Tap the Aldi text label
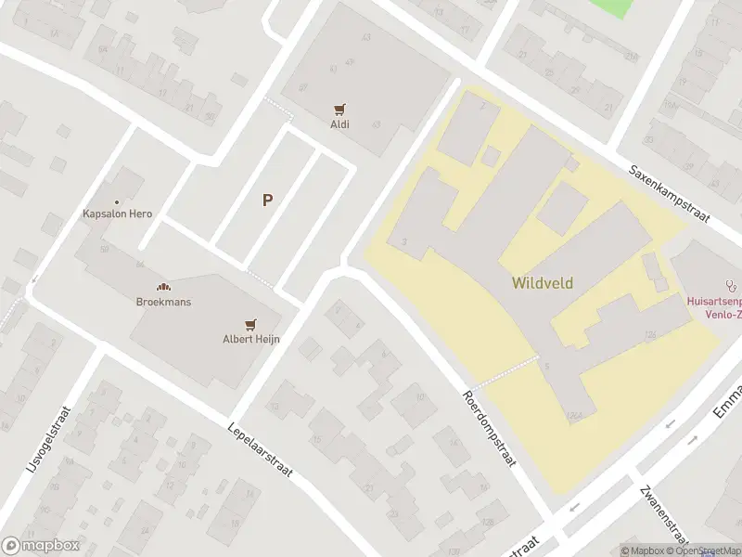[x=340, y=124]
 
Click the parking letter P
[x=268, y=200]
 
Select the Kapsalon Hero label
[x=117, y=214]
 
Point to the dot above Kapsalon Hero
[x=117, y=201]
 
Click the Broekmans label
[x=162, y=303]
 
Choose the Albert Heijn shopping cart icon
[x=250, y=324]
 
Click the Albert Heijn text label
[x=250, y=339]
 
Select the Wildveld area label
[x=542, y=282]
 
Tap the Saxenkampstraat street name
[x=669, y=195]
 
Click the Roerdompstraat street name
[x=489, y=427]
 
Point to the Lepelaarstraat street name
[x=260, y=451]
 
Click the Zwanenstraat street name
[x=664, y=514]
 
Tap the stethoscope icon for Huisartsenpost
[x=731, y=287]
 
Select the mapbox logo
[x=41, y=546]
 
